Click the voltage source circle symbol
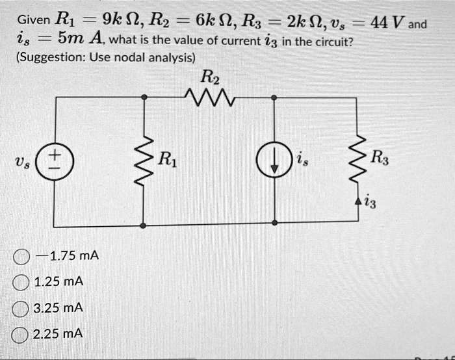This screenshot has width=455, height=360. [53, 160]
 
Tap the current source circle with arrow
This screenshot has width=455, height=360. [274, 160]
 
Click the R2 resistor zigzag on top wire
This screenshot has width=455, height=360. [209, 97]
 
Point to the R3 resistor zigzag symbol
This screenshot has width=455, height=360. [356, 160]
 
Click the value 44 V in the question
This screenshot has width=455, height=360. [386, 23]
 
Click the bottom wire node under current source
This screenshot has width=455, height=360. [274, 222]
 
